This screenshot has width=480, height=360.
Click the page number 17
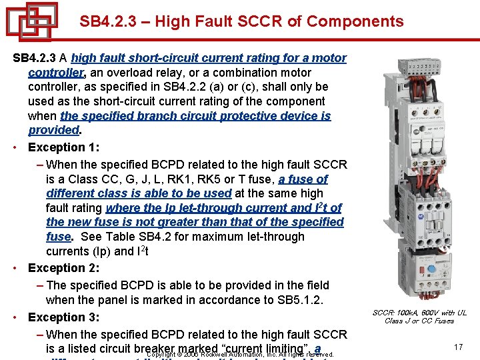(457, 347)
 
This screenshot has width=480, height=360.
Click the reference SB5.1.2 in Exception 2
(299, 300)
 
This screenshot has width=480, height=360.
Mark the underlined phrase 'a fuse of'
(303, 179)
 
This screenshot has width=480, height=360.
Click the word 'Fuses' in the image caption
(441, 321)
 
